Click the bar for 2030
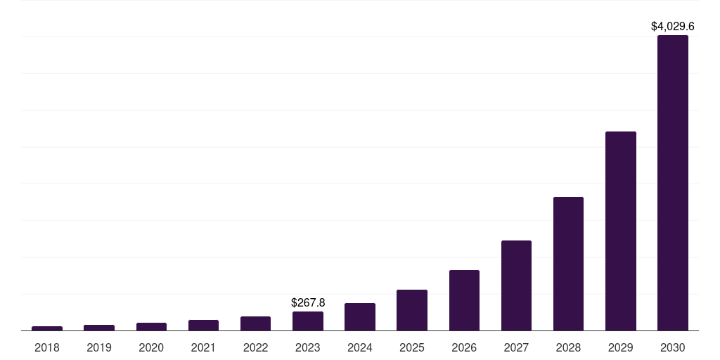pos(672,183)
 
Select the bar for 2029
pos(620,231)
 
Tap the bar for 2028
pos(568,264)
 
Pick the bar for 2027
pos(516,285)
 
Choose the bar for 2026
pos(464,300)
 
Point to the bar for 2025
pos(412,310)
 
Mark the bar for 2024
pos(360,316)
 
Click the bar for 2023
pos(308,321)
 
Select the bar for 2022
pos(255,323)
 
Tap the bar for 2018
pos(47,328)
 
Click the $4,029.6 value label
pos(672,27)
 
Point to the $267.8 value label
pos(308,302)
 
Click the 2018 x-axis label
pos(47,347)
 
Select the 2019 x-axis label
pos(99,347)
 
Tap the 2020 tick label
pos(151,347)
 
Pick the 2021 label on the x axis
pos(203,347)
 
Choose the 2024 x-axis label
pos(360,347)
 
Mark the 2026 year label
pos(464,347)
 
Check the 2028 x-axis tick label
pos(568,347)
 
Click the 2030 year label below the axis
pos(672,347)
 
